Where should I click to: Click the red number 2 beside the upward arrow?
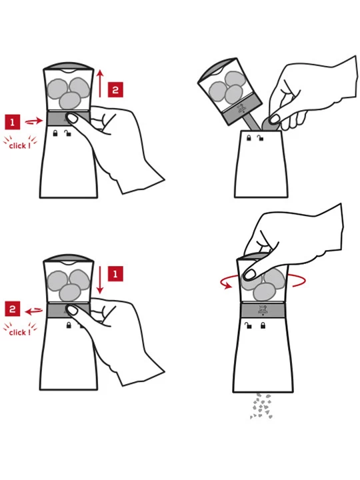click(115, 90)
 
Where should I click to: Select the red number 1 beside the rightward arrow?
click(12, 122)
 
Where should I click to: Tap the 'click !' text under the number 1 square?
click(20, 146)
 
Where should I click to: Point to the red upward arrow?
click(100, 83)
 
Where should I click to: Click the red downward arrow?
click(100, 280)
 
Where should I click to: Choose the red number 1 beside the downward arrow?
click(115, 274)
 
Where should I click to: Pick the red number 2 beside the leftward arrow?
click(12, 309)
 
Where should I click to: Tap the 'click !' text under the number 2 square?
click(20, 333)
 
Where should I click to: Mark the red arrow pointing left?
click(34, 311)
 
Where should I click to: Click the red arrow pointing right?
click(34, 121)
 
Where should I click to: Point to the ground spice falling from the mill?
click(261, 406)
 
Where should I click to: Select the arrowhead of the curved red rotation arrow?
click(227, 286)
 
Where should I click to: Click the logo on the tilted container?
click(241, 109)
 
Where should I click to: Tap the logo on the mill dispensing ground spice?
click(263, 310)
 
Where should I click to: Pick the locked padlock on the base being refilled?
click(249, 138)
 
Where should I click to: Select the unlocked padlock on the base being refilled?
click(261, 138)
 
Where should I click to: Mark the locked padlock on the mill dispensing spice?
click(263, 325)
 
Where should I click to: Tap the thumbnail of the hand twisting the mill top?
click(250, 274)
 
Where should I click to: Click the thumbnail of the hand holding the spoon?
click(275, 119)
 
